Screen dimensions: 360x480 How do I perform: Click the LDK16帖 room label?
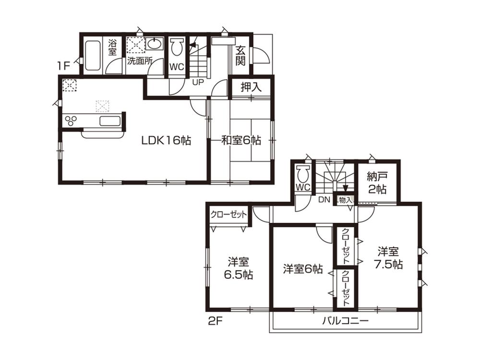coord(166,140)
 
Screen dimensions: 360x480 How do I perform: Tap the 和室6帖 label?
coord(241,140)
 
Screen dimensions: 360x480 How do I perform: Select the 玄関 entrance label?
coord(240,56)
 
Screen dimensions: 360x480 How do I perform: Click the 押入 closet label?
coord(251,88)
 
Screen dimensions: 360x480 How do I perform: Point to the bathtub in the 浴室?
coord(92,56)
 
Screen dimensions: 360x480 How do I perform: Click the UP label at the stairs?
coord(197,82)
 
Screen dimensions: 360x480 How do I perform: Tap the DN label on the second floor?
coord(324,200)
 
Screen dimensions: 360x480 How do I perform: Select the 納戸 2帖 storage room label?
coord(378,181)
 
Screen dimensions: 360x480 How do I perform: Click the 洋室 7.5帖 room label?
coord(388,257)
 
